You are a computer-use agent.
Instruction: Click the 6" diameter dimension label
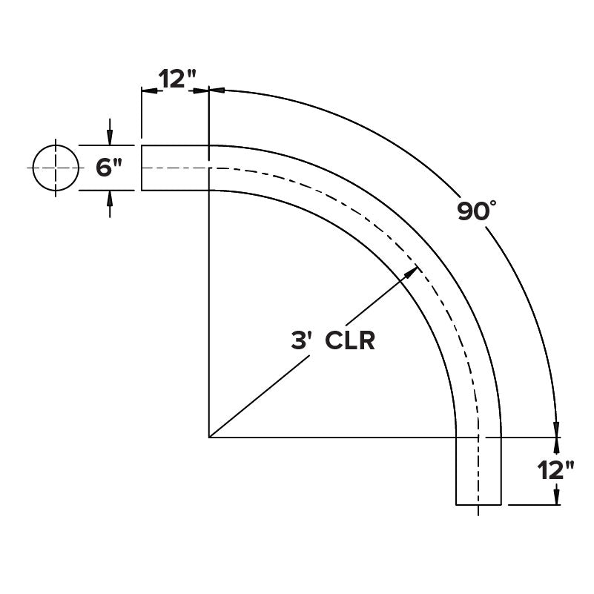point(109,168)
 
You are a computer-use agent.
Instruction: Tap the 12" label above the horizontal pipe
point(177,79)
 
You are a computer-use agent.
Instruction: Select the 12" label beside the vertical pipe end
point(555,471)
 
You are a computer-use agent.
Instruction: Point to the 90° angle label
point(477,211)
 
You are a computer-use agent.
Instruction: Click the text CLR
point(350,340)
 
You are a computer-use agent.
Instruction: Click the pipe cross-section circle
point(56,168)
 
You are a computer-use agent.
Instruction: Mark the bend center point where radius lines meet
point(209,438)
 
